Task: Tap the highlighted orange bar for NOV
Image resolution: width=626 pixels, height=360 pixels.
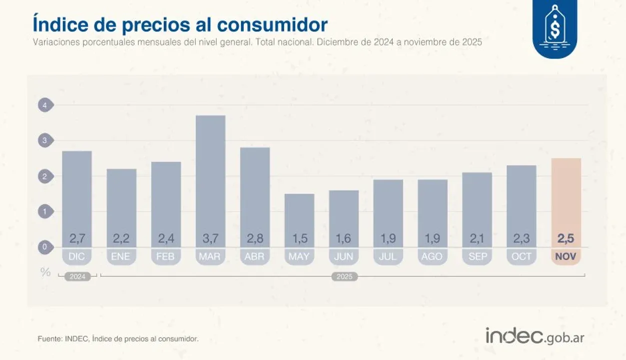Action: pos(566,200)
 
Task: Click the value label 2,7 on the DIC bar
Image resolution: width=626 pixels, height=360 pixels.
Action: pos(77,239)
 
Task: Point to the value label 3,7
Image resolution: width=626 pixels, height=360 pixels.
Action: pos(210,239)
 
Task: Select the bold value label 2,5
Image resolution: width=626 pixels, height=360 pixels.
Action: pos(566,239)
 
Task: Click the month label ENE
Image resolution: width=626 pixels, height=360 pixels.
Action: pos(121,256)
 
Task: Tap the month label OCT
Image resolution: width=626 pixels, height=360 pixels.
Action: pos(522,256)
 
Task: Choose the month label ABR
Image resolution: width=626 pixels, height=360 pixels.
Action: pos(255,256)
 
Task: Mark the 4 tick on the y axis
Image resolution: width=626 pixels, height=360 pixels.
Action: pos(45,105)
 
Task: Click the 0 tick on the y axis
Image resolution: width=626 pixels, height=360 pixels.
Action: pos(45,247)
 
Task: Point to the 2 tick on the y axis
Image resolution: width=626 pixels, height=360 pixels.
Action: pos(45,176)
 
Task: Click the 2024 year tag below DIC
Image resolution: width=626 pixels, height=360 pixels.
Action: pos(77,276)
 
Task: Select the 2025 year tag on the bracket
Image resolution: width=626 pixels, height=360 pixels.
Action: pos(345,276)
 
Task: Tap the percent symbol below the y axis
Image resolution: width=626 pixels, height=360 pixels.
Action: pos(45,272)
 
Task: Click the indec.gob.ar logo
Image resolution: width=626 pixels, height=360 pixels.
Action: pos(535,336)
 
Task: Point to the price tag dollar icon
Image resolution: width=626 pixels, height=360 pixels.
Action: pos(555,28)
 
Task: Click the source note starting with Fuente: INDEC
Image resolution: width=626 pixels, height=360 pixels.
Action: pos(118,339)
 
